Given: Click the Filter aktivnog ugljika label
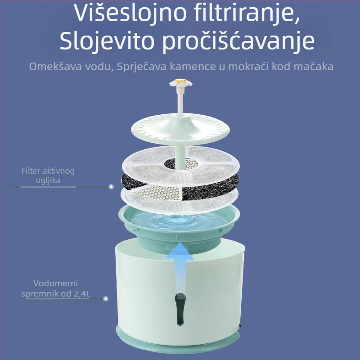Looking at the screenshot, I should [x=48, y=175].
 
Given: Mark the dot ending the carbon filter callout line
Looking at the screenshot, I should [x=111, y=186].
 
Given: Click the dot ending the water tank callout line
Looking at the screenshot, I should [x=106, y=298].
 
